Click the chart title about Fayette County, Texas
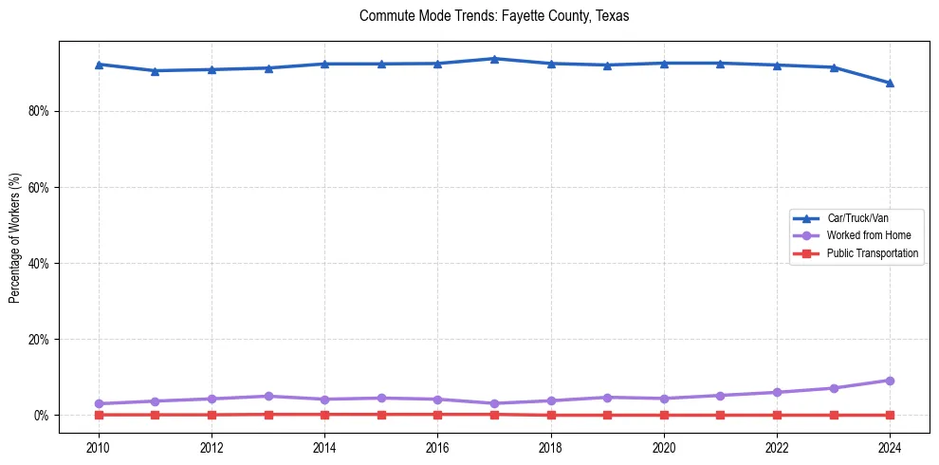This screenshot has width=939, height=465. coord(494,16)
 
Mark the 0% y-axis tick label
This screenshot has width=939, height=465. coord(42,415)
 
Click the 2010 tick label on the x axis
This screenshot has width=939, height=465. coord(98,447)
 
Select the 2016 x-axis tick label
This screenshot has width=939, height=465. coord(437,447)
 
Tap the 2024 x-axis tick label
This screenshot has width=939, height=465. coord(890,447)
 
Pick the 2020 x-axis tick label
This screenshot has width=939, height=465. coord(664,447)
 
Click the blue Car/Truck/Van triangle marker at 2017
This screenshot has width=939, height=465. coord(494,59)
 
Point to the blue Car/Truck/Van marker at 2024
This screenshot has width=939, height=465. coord(890,83)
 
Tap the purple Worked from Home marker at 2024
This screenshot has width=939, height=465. coord(890,381)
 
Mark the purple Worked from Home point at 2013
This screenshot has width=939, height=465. coord(267,396)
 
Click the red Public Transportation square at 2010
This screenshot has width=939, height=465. coord(98,415)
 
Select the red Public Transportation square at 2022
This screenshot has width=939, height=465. coord(777,415)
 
